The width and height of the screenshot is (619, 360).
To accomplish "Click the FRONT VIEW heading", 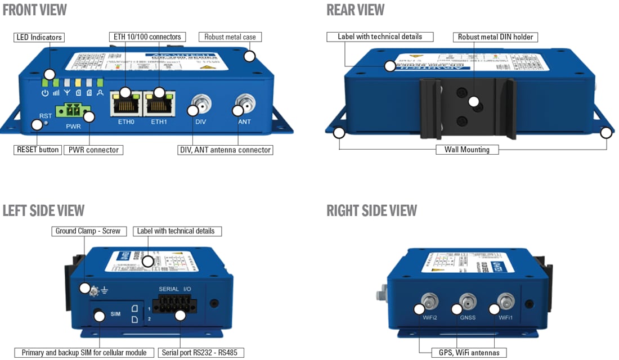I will point(35,10).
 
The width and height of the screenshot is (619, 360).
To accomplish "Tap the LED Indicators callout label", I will point(39,37).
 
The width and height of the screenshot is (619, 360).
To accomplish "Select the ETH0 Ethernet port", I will point(127,103).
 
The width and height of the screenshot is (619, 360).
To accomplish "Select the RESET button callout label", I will point(38,150).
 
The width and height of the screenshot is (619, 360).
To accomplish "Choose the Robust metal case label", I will point(230,37).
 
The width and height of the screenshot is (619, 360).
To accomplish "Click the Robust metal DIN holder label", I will point(495,37).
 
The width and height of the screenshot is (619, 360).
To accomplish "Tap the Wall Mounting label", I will point(467,150).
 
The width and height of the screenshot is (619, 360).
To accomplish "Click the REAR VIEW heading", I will point(356,10).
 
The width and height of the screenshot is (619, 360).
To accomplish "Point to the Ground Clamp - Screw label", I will point(88,231).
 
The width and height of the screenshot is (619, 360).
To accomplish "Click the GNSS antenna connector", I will point(467,302).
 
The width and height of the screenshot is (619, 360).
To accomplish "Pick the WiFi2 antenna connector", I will point(429,302).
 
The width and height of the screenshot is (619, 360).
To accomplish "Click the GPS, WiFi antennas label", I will point(469,353).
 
